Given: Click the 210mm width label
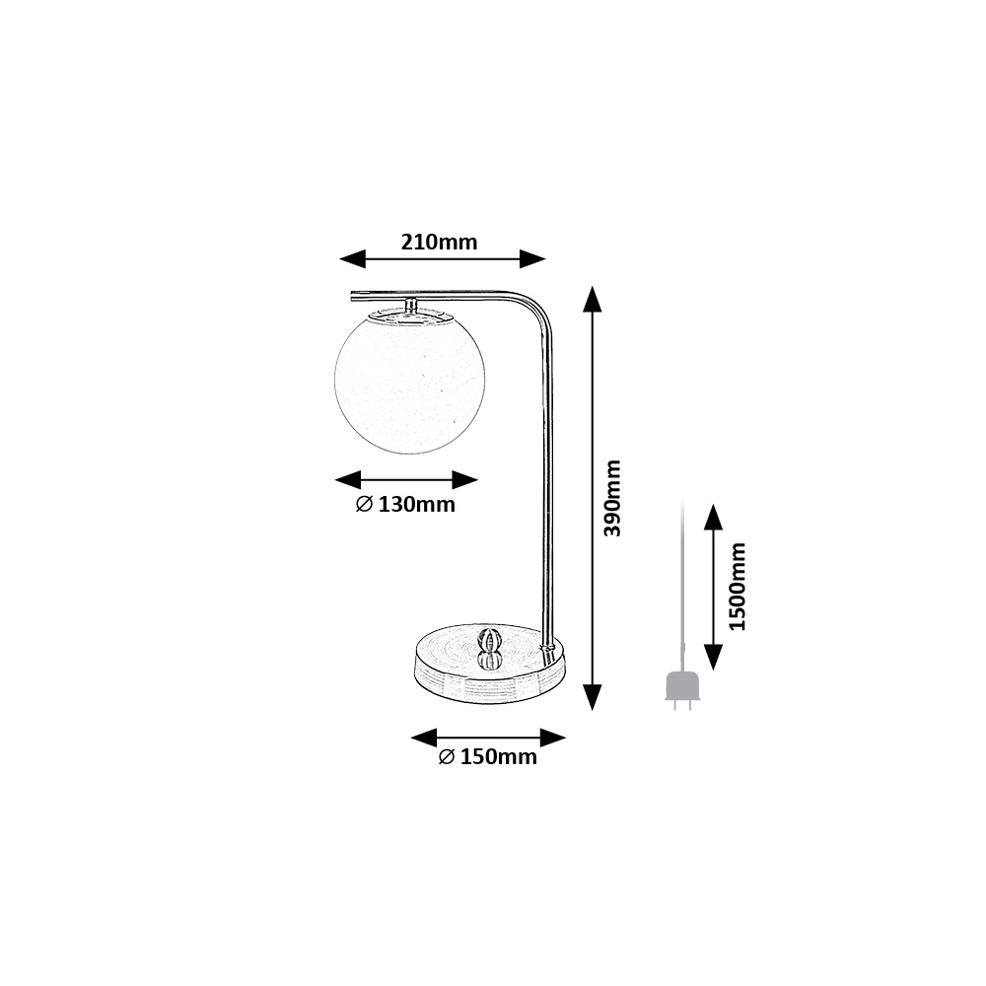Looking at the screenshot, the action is pos(439,243).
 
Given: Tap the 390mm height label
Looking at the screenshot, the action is pos(612,497).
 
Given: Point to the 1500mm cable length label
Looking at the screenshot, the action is pos(737,586).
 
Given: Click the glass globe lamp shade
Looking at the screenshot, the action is pos(410,380).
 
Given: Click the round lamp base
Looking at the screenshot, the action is pos(490,664).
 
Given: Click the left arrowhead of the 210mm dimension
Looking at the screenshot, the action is pos(352,258).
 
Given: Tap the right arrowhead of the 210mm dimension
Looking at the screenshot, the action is pos(532,258).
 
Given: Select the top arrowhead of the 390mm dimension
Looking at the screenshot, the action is pos(593,299).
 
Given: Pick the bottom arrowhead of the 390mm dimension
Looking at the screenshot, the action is pos(593,697).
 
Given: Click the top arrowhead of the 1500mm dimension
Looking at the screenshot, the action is pos(713,517).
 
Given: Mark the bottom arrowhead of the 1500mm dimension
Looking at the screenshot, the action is pos(713,657).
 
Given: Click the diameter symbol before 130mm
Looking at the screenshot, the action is pos(365,504).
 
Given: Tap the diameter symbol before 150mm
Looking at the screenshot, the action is pos(447,756).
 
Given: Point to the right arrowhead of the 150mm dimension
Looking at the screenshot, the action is pos(553,738).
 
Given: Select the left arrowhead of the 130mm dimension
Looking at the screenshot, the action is pos(348,480).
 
